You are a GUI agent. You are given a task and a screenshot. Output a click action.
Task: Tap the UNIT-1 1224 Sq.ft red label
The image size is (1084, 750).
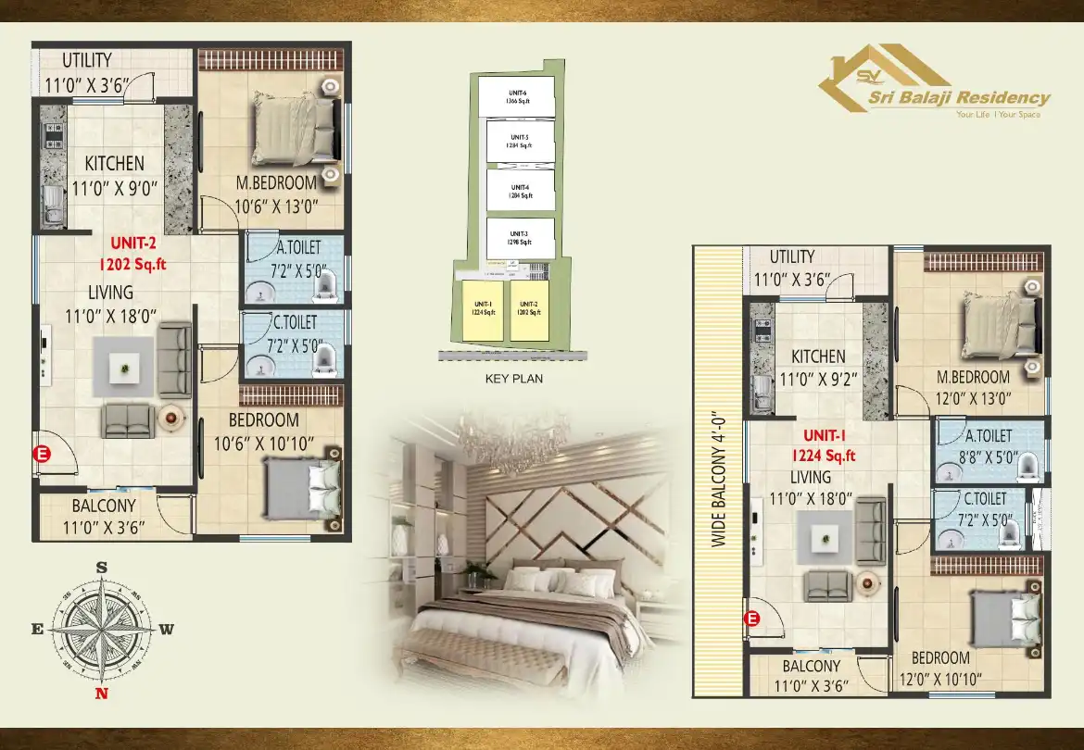[823, 444]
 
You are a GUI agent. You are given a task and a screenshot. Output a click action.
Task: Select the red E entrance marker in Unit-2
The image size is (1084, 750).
[42, 454]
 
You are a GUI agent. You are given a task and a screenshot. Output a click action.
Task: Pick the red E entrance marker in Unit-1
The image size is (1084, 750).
[752, 619]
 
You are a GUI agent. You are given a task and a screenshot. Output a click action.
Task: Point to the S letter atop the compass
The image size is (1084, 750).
[102, 567]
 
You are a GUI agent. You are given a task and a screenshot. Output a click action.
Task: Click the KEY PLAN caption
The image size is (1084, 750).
[514, 379]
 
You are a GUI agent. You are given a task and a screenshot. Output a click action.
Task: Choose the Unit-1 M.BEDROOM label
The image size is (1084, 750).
[973, 377]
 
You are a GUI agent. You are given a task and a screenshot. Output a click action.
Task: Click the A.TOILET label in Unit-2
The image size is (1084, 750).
[297, 248]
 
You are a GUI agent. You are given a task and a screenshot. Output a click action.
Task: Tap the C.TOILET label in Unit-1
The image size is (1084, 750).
[985, 499]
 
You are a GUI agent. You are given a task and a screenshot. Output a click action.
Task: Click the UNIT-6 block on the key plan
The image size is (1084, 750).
[517, 96]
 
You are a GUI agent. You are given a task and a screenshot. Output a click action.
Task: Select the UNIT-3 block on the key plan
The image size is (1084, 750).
[519, 238]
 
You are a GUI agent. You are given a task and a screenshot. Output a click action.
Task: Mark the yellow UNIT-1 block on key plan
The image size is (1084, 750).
[483, 309]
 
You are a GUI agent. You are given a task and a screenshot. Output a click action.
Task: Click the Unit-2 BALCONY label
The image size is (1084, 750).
[104, 506]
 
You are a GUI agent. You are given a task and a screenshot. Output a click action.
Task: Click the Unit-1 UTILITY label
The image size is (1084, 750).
[791, 256]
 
